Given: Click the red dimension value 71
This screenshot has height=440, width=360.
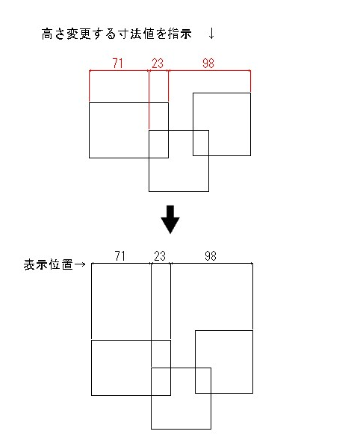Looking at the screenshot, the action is [118, 63].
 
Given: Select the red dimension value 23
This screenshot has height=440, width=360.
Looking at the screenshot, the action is [158, 63].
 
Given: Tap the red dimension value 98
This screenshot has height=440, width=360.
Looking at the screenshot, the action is [208, 63].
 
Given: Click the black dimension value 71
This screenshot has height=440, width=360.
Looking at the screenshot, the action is [120, 256].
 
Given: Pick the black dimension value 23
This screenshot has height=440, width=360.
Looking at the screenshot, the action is [160, 256].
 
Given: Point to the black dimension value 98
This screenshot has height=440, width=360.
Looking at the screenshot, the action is [211, 256].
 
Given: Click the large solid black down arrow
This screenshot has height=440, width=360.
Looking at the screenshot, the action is [170, 220].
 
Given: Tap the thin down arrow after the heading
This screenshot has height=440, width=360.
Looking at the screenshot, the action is [212, 34].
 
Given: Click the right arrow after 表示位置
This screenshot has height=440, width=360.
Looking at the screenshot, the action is [80, 264].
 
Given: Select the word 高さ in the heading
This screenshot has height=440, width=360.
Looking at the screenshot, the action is [54, 34].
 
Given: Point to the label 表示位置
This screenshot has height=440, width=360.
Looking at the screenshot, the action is [49, 264].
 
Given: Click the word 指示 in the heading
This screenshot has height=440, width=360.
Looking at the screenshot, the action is [180, 34].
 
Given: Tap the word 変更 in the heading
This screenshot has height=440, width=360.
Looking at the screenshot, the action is [78, 34].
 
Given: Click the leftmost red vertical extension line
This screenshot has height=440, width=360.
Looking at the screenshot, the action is [89, 85].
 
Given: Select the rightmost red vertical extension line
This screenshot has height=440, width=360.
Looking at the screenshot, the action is [250, 81].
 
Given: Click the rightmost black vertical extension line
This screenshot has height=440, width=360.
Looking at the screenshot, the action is [252, 296].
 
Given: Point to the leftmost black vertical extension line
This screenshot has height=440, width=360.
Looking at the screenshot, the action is [91, 301].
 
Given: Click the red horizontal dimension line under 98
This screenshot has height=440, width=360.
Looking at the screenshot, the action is [209, 70].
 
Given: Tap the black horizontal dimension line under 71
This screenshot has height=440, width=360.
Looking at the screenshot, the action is [121, 263].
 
